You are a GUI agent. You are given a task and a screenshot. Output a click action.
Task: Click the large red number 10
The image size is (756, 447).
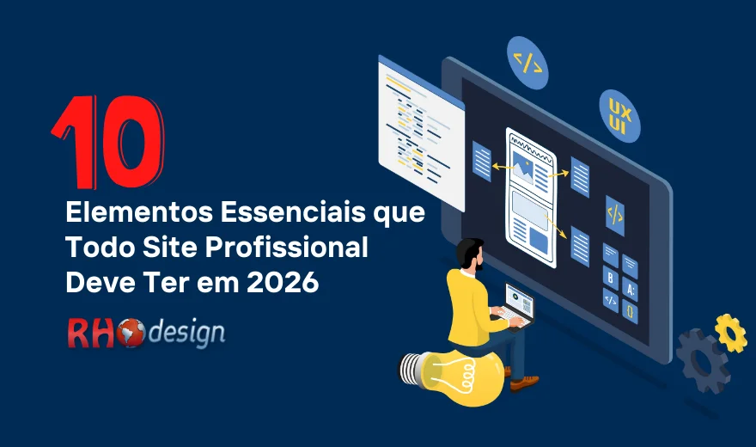coord(107,143)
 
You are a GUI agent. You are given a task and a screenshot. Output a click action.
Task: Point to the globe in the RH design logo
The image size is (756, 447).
coord(132,333)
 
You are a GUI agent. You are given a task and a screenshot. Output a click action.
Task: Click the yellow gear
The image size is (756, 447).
coord(730,333)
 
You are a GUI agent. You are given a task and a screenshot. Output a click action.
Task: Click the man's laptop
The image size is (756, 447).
coord(517,304)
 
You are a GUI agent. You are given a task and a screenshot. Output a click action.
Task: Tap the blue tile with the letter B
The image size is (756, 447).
coord(610,279)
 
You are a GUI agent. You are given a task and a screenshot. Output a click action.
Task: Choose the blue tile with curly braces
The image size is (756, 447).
coord(630,310)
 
